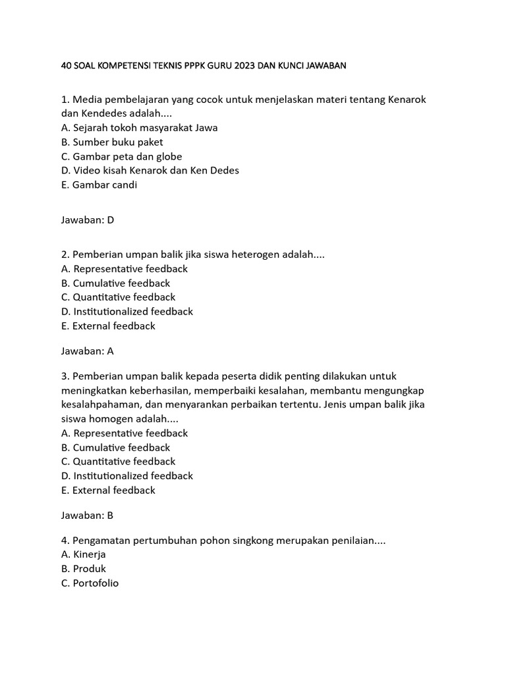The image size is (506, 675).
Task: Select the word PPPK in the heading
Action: pyautogui.click(x=185, y=65)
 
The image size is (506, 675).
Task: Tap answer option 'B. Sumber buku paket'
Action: pyautogui.click(x=112, y=142)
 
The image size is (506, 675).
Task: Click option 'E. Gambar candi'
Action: pyautogui.click(x=99, y=185)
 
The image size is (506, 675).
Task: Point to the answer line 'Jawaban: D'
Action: pyautogui.click(x=88, y=220)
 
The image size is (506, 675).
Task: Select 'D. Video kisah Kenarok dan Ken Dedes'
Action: pyautogui.click(x=150, y=170)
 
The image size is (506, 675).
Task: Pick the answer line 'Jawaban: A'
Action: pyautogui.click(x=88, y=351)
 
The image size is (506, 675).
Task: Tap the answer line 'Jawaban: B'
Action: pyautogui.click(x=88, y=515)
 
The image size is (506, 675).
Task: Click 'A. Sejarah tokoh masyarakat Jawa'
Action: pyautogui.click(x=139, y=128)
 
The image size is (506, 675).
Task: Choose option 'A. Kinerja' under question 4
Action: pyautogui.click(x=83, y=554)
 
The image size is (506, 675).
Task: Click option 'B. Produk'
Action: pyautogui.click(x=83, y=568)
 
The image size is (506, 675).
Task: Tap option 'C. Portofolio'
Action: pyautogui.click(x=90, y=583)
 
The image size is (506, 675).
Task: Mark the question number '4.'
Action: pyautogui.click(x=65, y=541)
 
